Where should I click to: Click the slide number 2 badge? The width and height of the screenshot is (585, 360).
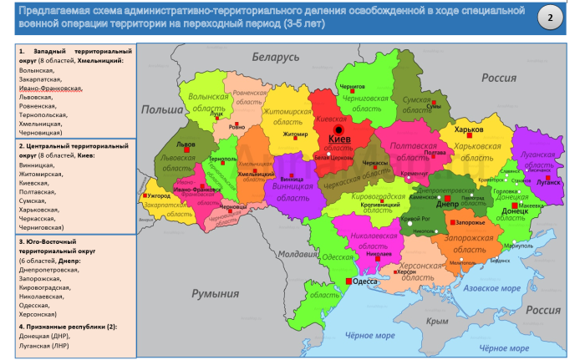[x=549, y=18]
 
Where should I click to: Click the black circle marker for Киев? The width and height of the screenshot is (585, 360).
[x=338, y=131]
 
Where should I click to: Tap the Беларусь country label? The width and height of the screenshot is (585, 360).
[x=276, y=57]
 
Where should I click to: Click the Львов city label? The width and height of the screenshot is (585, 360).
[x=185, y=145]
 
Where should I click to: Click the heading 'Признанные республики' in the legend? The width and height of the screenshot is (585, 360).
[x=62, y=326]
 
